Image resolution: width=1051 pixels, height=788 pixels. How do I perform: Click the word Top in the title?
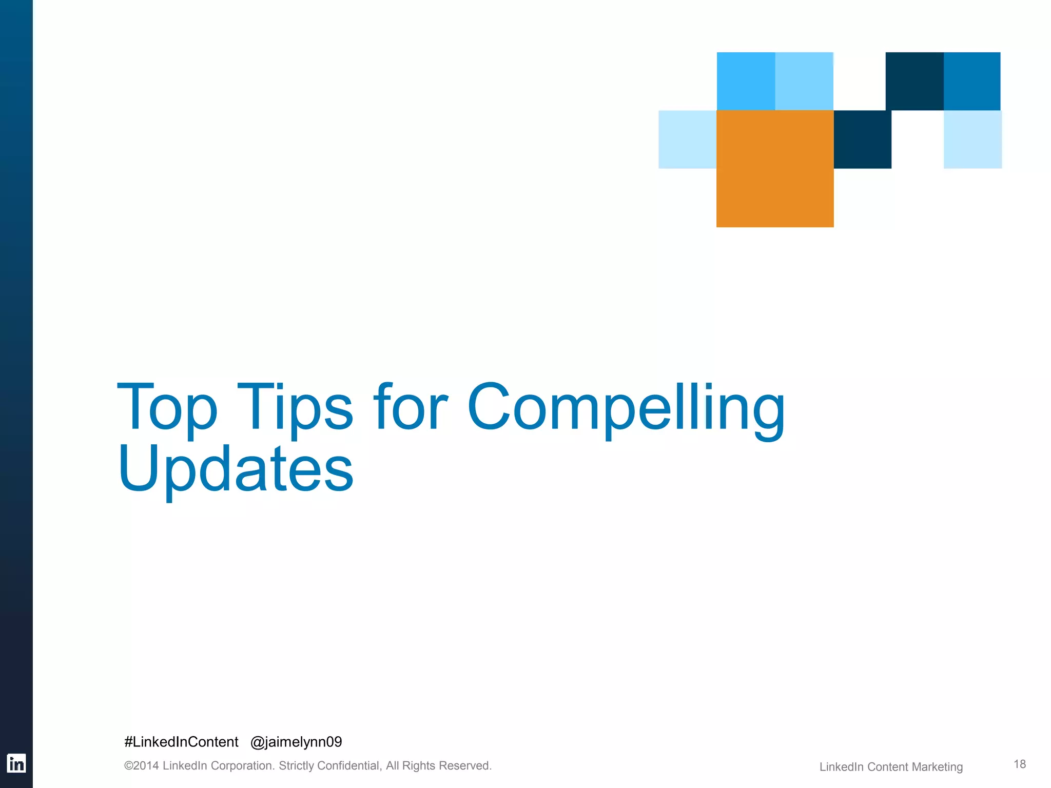coord(167,408)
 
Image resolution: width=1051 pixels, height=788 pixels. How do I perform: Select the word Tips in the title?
coord(295,408)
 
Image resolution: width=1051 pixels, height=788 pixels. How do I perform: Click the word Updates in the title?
coord(236,469)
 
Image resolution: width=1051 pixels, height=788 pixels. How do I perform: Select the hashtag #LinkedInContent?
coord(181,742)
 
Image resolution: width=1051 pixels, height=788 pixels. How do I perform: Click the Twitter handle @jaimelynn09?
coord(296,742)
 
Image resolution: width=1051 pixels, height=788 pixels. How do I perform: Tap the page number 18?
coord(1019,764)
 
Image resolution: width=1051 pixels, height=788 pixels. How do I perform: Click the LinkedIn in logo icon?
coord(16,763)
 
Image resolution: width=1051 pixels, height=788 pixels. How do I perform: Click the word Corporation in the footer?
coord(242,766)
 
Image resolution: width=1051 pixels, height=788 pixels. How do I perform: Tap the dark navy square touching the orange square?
coord(862,139)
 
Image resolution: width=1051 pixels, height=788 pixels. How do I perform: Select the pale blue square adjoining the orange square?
coord(687,139)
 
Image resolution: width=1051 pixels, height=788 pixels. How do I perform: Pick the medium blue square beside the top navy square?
coord(972,81)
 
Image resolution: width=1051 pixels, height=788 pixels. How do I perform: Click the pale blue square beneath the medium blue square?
coord(972,139)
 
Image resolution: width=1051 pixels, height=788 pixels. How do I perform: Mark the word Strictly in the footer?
coord(296,766)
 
